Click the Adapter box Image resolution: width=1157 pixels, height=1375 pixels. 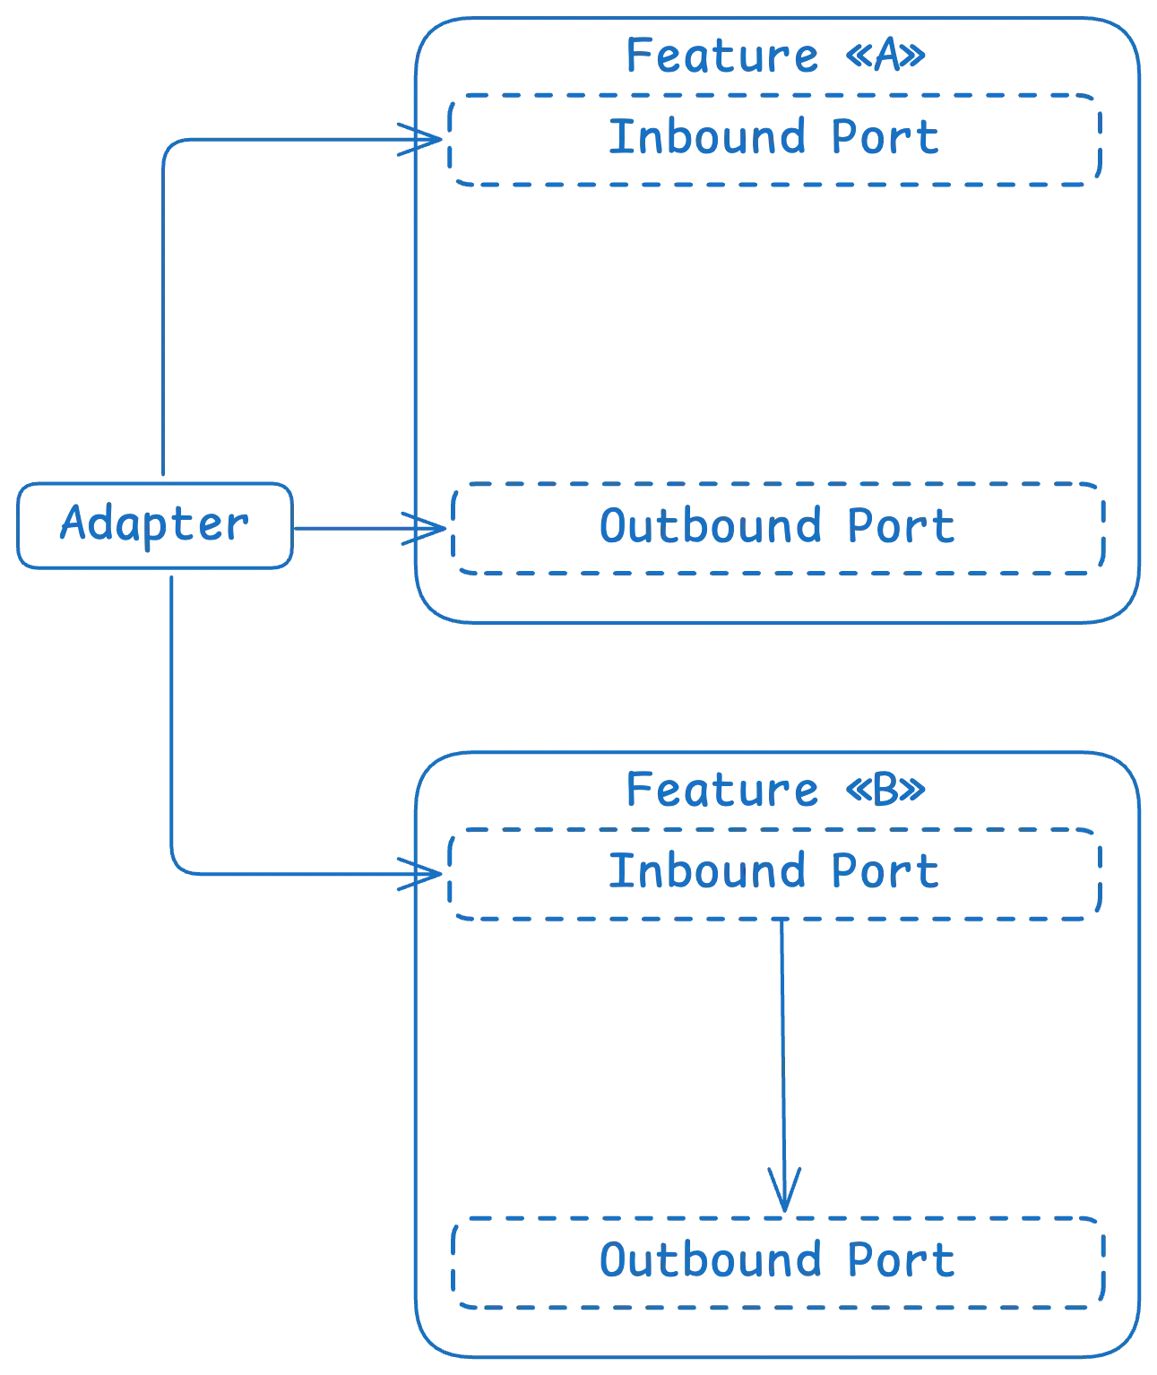(x=154, y=526)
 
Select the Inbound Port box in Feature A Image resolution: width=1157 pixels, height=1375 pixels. (x=774, y=140)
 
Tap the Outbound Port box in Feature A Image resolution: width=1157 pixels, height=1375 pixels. (x=778, y=528)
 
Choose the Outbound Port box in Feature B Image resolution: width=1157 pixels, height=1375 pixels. (x=778, y=1261)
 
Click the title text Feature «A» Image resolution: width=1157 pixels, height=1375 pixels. (x=774, y=56)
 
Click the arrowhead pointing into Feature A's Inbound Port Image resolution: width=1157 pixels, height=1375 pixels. (x=425, y=140)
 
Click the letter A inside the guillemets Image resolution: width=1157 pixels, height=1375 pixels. (x=884, y=58)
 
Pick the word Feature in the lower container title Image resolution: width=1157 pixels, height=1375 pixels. (x=721, y=790)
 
